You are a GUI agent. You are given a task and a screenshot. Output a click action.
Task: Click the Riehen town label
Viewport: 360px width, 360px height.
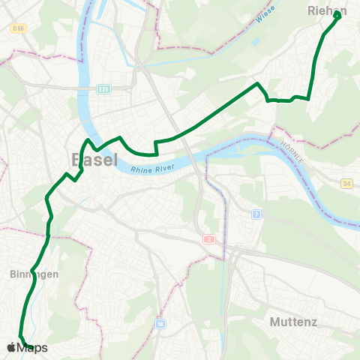point(326,11)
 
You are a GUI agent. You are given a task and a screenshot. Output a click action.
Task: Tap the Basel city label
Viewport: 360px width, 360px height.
point(94,160)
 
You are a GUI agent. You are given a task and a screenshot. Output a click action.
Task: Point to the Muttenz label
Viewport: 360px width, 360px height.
point(293,322)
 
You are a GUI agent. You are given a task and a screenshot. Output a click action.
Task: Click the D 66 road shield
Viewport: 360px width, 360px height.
point(18,28)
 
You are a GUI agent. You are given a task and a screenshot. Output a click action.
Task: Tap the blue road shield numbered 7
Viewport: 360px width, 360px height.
point(256,214)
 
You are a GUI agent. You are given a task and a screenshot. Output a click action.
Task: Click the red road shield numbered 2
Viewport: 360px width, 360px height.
point(208,238)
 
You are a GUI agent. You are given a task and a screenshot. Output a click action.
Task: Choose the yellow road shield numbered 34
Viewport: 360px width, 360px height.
point(346,183)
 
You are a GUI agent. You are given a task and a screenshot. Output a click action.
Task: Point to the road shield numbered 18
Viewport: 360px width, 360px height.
point(159,324)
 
